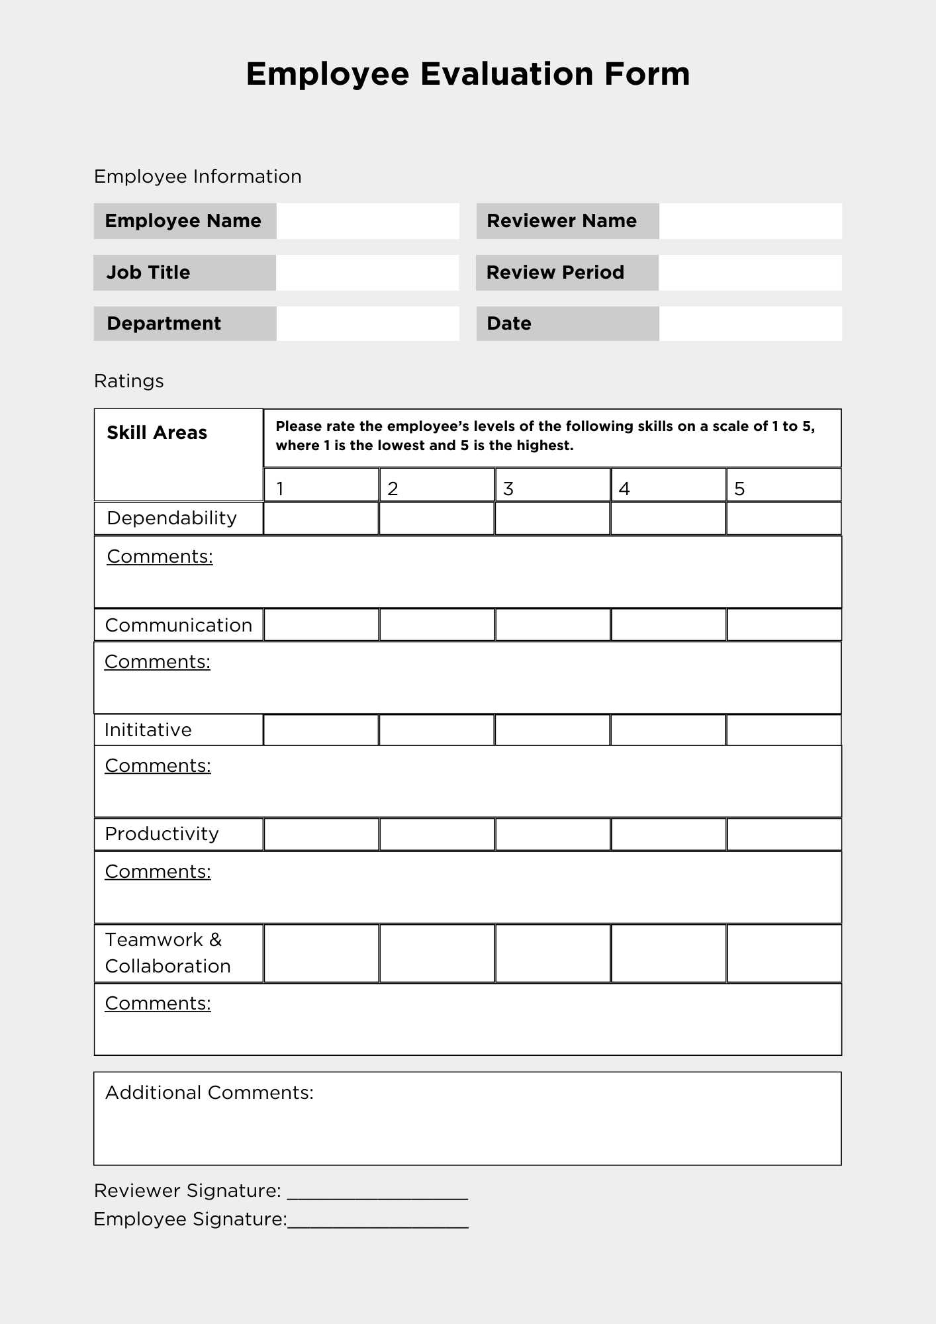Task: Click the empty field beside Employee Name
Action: (x=367, y=221)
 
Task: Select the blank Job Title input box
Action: (x=367, y=273)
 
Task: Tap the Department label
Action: (x=164, y=324)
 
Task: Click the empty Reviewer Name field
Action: (x=750, y=221)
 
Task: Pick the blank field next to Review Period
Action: (x=750, y=273)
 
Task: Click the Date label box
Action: (x=567, y=324)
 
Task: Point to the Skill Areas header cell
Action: (x=158, y=433)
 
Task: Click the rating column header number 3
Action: (x=508, y=489)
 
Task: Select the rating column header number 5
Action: (x=739, y=489)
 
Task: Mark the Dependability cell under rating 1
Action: (x=321, y=518)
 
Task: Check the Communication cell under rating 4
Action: (x=668, y=625)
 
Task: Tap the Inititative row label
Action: (x=148, y=730)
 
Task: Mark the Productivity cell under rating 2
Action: (x=437, y=834)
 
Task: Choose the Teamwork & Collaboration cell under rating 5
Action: (x=784, y=953)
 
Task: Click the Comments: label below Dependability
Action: (x=160, y=557)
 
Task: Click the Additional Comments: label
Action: (x=209, y=1092)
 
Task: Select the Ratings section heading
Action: (x=129, y=381)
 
